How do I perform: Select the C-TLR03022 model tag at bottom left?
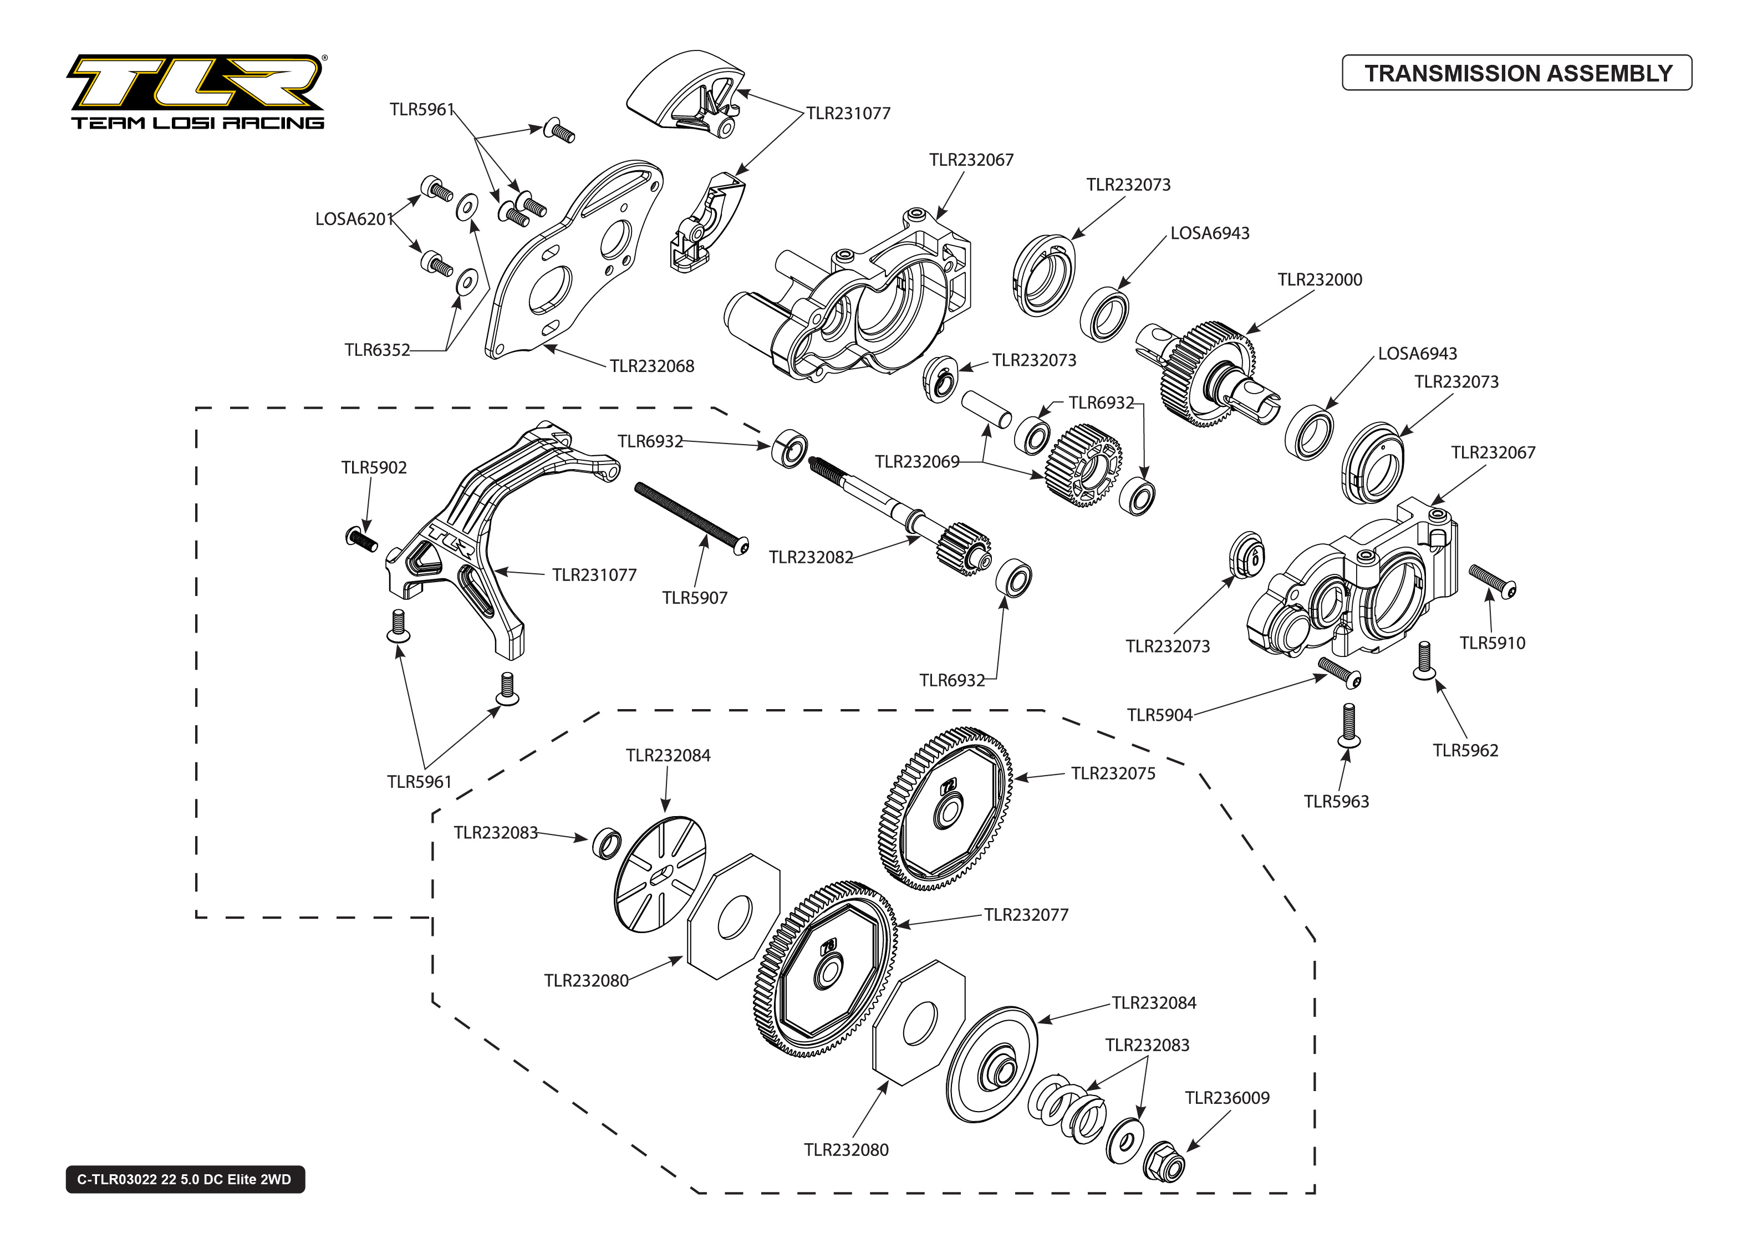click(185, 1179)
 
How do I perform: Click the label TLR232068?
click(651, 366)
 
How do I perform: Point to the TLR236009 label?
click(1227, 1098)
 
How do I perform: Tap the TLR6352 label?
click(377, 350)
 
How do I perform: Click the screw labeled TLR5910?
click(1492, 581)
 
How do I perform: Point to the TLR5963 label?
click(1336, 802)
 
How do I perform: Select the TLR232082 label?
click(811, 558)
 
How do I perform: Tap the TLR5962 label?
click(1465, 751)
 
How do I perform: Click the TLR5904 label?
click(1159, 715)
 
